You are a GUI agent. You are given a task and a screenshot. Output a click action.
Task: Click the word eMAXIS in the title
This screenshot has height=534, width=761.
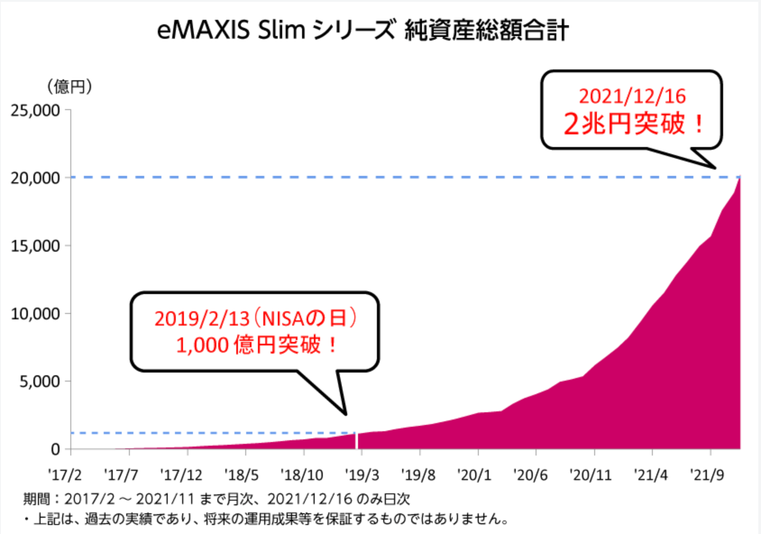203,31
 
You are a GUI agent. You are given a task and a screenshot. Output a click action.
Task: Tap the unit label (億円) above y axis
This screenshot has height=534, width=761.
70,87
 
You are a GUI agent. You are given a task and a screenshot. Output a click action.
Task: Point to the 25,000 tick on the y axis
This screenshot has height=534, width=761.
36,110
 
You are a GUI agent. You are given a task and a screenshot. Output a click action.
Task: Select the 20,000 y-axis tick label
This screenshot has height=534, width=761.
36,178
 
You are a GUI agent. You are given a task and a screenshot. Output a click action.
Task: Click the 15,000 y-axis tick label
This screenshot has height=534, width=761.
36,246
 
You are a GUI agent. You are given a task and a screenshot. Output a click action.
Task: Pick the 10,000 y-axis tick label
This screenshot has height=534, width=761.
36,314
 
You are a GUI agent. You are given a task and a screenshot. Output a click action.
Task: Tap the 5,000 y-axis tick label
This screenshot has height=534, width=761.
40,382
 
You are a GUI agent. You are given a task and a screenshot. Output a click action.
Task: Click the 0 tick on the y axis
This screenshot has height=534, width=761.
55,449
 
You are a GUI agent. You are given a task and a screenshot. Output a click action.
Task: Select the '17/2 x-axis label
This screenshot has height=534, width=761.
64,475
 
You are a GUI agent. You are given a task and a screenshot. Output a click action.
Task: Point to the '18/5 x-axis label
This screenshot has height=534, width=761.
241,475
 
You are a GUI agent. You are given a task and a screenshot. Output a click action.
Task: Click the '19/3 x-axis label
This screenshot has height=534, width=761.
362,475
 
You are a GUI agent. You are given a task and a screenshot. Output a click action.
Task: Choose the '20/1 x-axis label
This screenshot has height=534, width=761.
473,475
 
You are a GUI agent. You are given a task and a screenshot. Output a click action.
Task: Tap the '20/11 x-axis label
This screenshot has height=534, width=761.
590,475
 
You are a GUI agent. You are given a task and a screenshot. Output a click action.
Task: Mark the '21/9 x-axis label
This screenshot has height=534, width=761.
706,475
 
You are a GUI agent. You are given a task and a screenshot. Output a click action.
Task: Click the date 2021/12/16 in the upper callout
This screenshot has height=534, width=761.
632,97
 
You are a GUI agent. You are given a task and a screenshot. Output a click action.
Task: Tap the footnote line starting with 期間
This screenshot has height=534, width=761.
216,499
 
